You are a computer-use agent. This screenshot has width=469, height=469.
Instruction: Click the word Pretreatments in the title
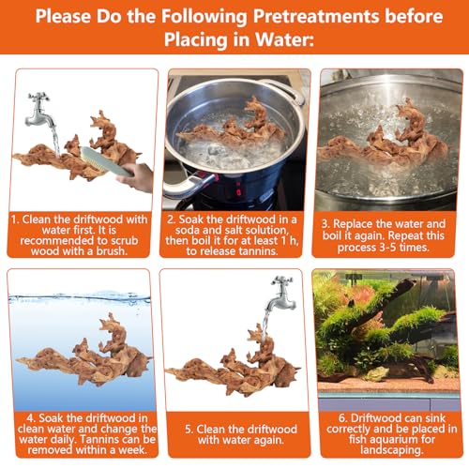(x=316, y=16)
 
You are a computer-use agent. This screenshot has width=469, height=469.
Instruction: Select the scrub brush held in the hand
(x=106, y=162)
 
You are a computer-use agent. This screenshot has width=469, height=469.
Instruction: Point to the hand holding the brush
(x=136, y=177)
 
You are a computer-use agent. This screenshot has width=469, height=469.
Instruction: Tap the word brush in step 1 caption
(x=112, y=251)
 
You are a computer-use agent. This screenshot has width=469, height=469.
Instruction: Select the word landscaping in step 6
(x=392, y=450)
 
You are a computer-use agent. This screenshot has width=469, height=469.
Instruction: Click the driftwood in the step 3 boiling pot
(x=386, y=140)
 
